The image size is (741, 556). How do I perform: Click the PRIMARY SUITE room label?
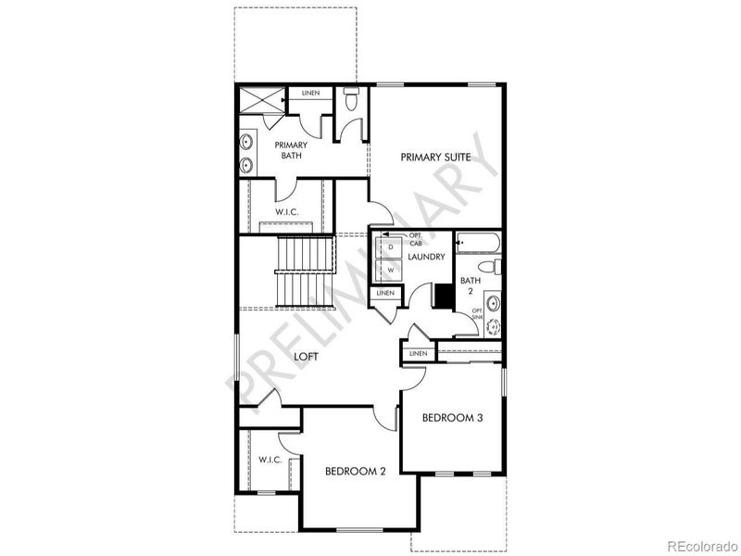(x=435, y=158)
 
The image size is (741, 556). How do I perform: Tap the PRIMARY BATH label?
(x=291, y=151)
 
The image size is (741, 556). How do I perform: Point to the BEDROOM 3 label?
(x=453, y=418)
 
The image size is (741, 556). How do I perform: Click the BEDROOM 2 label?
(x=356, y=471)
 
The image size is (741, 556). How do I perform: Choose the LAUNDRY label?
(x=427, y=257)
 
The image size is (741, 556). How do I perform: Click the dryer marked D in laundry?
(x=391, y=247)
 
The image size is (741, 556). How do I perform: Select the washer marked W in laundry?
(x=391, y=271)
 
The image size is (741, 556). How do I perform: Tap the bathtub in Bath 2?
(x=479, y=243)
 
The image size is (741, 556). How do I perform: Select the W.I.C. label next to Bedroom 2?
(x=270, y=460)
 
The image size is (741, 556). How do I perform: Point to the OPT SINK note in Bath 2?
(x=477, y=313)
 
